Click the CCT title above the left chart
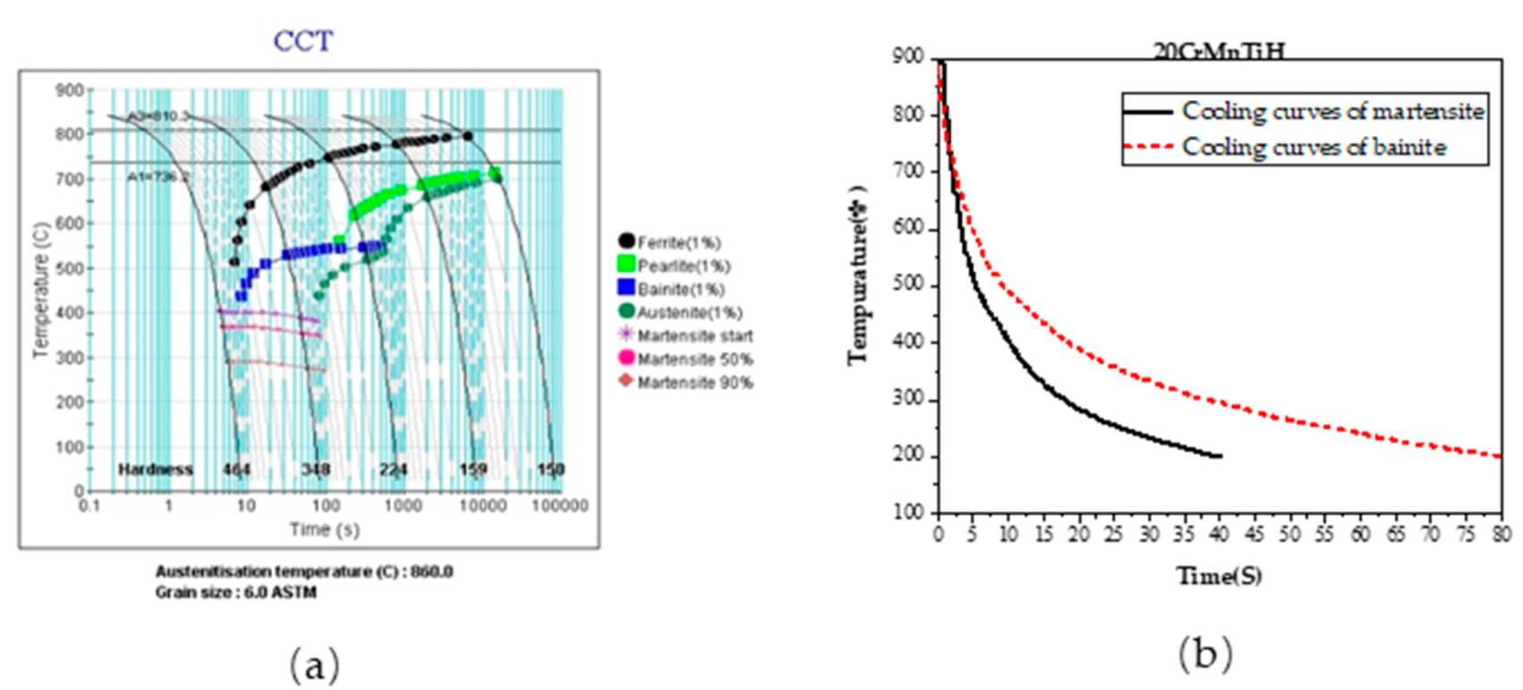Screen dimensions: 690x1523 (x=302, y=41)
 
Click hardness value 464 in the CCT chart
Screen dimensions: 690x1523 (x=237, y=469)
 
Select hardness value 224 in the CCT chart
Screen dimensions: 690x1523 (x=393, y=469)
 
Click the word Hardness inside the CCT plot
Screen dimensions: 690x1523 (x=156, y=469)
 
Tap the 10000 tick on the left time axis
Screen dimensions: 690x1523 (x=482, y=506)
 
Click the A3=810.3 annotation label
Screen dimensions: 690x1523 (x=157, y=116)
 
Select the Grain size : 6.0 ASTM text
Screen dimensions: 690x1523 (x=235, y=592)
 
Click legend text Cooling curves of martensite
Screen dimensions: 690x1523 (x=1332, y=112)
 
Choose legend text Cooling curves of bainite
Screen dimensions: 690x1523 (x=1314, y=147)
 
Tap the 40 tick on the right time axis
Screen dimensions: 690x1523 (x=1221, y=535)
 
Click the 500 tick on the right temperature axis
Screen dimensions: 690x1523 (x=909, y=286)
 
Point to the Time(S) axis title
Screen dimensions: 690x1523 (x=1219, y=575)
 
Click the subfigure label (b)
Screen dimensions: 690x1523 (x=1204, y=653)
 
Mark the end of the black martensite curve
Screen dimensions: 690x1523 (x=1221, y=456)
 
